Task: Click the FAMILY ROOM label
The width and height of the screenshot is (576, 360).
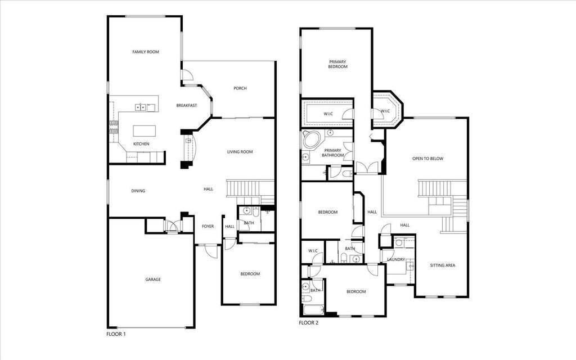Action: pyautogui.click(x=146, y=52)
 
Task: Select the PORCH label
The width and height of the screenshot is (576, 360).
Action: pyautogui.click(x=240, y=88)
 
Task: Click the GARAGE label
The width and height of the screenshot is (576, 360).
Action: pyautogui.click(x=153, y=279)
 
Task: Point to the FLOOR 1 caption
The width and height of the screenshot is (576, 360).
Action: pyautogui.click(x=116, y=334)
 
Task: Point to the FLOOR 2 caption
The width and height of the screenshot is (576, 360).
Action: pyautogui.click(x=308, y=323)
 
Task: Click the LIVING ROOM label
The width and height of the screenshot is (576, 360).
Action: pyautogui.click(x=240, y=152)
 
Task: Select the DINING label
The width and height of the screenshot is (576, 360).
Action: pyautogui.click(x=138, y=191)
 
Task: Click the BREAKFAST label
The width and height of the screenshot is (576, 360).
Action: pyautogui.click(x=186, y=106)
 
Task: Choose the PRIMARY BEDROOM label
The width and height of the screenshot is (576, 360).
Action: pyautogui.click(x=338, y=64)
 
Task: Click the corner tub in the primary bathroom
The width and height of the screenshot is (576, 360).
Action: pyautogui.click(x=310, y=140)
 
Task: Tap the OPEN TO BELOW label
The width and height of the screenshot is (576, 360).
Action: pyautogui.click(x=427, y=159)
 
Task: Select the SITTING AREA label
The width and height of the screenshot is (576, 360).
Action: pyautogui.click(x=443, y=265)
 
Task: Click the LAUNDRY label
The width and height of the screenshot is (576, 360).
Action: pyautogui.click(x=396, y=259)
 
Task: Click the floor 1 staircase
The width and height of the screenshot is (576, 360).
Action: pyautogui.click(x=250, y=188)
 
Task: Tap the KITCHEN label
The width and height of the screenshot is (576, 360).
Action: pyautogui.click(x=141, y=145)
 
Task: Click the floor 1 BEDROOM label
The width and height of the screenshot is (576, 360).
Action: pyautogui.click(x=250, y=274)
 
